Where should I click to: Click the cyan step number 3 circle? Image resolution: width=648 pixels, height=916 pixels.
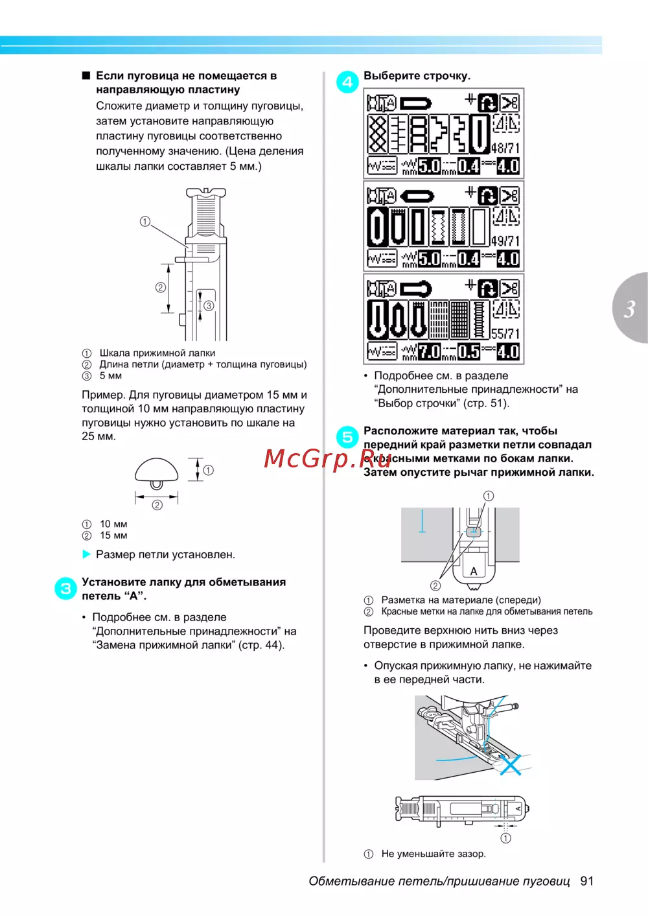point(65,589)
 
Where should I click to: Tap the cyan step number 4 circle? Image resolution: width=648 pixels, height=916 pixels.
point(347,82)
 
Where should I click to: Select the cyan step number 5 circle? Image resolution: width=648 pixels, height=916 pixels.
point(347,437)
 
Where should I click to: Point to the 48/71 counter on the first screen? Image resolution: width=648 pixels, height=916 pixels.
point(505,148)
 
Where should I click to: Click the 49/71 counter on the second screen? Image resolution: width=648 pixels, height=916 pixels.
point(505,241)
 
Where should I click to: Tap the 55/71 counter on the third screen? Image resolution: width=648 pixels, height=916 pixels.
point(505,334)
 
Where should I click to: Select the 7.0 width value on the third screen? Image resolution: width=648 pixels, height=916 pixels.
point(429,351)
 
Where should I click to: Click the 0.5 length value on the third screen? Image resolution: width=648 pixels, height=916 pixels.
point(469,351)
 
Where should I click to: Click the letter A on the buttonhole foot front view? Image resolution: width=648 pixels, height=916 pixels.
point(474,571)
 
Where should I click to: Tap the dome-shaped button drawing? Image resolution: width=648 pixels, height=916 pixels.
point(157,473)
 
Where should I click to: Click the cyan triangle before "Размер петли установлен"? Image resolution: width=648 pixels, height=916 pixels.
point(86,554)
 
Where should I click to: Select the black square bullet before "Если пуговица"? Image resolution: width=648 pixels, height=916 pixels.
point(86,76)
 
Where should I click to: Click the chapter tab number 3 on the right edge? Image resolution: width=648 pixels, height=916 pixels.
point(630,309)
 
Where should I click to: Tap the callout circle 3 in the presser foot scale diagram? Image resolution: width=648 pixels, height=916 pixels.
point(209,305)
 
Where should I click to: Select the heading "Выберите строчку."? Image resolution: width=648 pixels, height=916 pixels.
point(417,76)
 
